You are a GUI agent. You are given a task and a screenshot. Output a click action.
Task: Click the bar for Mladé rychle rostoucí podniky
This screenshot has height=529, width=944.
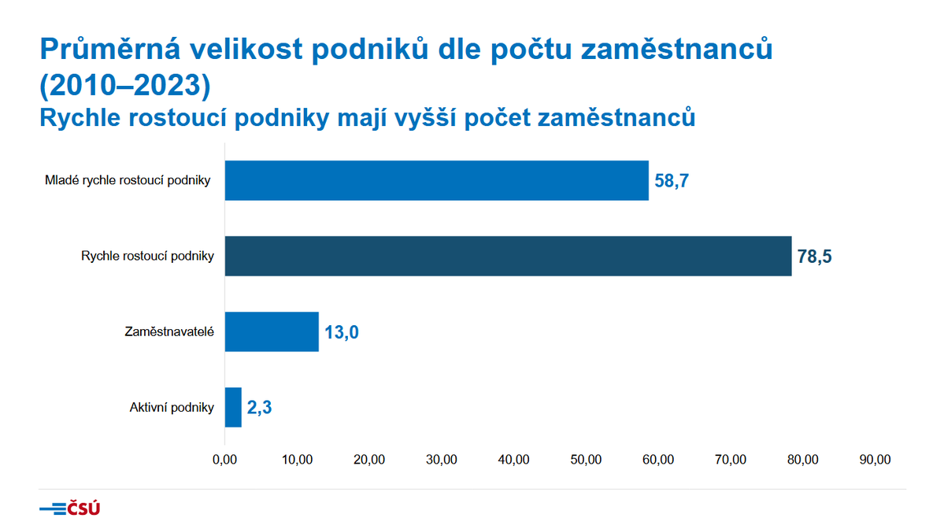pyautogui.click(x=436, y=180)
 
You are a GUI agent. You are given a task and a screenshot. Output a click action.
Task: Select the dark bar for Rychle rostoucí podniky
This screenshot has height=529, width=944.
pyautogui.click(x=508, y=256)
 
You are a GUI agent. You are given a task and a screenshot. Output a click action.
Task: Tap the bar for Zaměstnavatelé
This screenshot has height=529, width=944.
pyautogui.click(x=272, y=331)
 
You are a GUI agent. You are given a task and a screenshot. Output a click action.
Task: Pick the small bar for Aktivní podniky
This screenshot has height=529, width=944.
pyautogui.click(x=233, y=407)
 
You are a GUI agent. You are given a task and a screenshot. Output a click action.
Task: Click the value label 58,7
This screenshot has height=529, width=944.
pyautogui.click(x=672, y=181)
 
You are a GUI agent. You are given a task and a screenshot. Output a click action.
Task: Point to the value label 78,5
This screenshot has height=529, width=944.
pyautogui.click(x=815, y=257)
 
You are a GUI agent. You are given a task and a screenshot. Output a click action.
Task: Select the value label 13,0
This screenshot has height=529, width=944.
pyautogui.click(x=342, y=332)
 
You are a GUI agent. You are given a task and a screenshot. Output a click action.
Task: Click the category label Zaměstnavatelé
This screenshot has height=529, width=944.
pyautogui.click(x=170, y=331)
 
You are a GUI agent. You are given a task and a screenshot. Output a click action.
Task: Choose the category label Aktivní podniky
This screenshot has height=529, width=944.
pyautogui.click(x=172, y=407)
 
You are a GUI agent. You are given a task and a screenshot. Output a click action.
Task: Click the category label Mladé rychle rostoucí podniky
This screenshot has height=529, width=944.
pyautogui.click(x=128, y=180)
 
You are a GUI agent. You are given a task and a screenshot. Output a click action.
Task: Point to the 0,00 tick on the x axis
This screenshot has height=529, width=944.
pyautogui.click(x=225, y=460)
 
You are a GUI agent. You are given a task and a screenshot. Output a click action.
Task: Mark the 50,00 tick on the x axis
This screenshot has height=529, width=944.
pyautogui.click(x=587, y=460)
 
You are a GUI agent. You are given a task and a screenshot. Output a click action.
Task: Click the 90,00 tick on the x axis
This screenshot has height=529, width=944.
pyautogui.click(x=876, y=460)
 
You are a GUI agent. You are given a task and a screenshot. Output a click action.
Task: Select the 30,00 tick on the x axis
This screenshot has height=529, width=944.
pyautogui.click(x=442, y=460)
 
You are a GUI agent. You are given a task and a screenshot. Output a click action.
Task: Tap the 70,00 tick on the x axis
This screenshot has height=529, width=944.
pyautogui.click(x=731, y=460)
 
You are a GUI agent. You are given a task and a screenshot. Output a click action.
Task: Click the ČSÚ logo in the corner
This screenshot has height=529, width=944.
pyautogui.click(x=70, y=509)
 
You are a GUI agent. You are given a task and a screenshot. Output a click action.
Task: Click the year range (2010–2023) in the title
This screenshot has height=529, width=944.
pyautogui.click(x=124, y=84)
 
